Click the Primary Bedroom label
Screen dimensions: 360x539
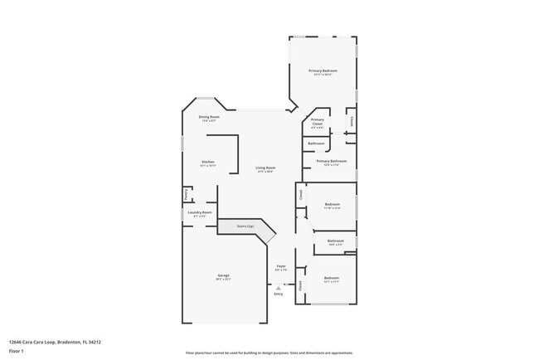click(323, 71)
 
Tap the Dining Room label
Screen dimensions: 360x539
click(209, 117)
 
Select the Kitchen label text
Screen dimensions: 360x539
click(208, 162)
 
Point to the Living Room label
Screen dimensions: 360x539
click(265, 168)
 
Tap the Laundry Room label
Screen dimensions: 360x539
click(200, 212)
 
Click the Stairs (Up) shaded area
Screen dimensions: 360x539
click(246, 226)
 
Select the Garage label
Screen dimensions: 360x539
click(224, 275)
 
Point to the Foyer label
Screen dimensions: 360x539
click(281, 266)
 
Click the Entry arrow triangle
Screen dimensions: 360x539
click(278, 287)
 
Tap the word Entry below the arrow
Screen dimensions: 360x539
click(278, 294)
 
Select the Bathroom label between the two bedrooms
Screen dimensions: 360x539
click(335, 241)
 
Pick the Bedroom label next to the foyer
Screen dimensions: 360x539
click(332, 278)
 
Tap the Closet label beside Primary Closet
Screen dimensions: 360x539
click(352, 121)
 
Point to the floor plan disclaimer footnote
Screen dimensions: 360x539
click(269, 353)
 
